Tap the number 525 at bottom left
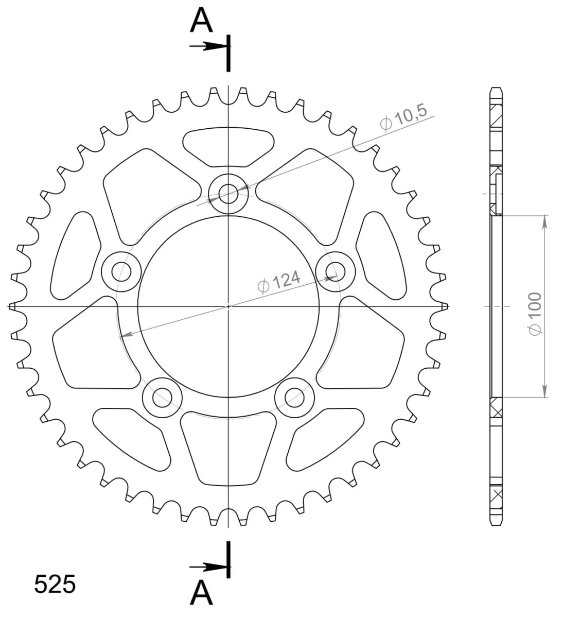click(x=55, y=584)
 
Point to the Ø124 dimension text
click(x=279, y=282)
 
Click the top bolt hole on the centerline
click(x=228, y=194)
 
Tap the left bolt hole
click(x=121, y=271)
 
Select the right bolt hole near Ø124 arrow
click(x=336, y=271)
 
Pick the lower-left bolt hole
click(x=162, y=398)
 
